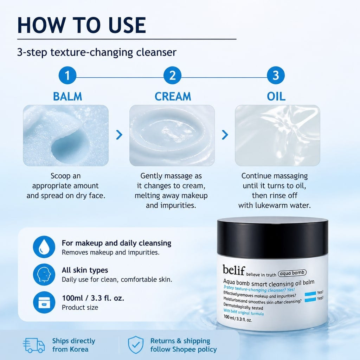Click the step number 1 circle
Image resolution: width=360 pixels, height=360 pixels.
point(67,75)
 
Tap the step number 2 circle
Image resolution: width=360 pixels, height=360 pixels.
point(172,75)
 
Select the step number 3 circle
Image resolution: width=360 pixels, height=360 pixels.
point(276,75)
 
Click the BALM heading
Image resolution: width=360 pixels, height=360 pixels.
point(67,96)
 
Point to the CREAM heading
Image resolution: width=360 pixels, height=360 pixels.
point(173,96)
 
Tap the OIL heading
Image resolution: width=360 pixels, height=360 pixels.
point(276,96)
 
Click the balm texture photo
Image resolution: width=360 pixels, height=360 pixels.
point(66,135)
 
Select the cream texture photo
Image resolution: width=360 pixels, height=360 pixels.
point(172,135)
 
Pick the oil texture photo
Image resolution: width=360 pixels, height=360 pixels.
point(277,135)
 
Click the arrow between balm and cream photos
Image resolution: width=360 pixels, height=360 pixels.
point(119,135)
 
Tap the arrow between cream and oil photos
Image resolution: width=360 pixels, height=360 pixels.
point(225,135)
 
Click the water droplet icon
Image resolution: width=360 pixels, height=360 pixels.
point(44,247)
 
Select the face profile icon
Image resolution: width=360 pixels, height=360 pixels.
point(44,274)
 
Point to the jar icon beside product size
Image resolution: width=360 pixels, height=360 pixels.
point(44,302)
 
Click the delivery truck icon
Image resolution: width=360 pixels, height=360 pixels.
point(34,345)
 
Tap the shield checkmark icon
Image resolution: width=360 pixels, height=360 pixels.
point(136,345)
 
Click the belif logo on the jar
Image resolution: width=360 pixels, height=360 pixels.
point(234,270)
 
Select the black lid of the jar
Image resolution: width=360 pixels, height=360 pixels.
point(272,238)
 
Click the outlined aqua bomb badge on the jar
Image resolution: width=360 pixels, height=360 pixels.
point(292,273)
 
